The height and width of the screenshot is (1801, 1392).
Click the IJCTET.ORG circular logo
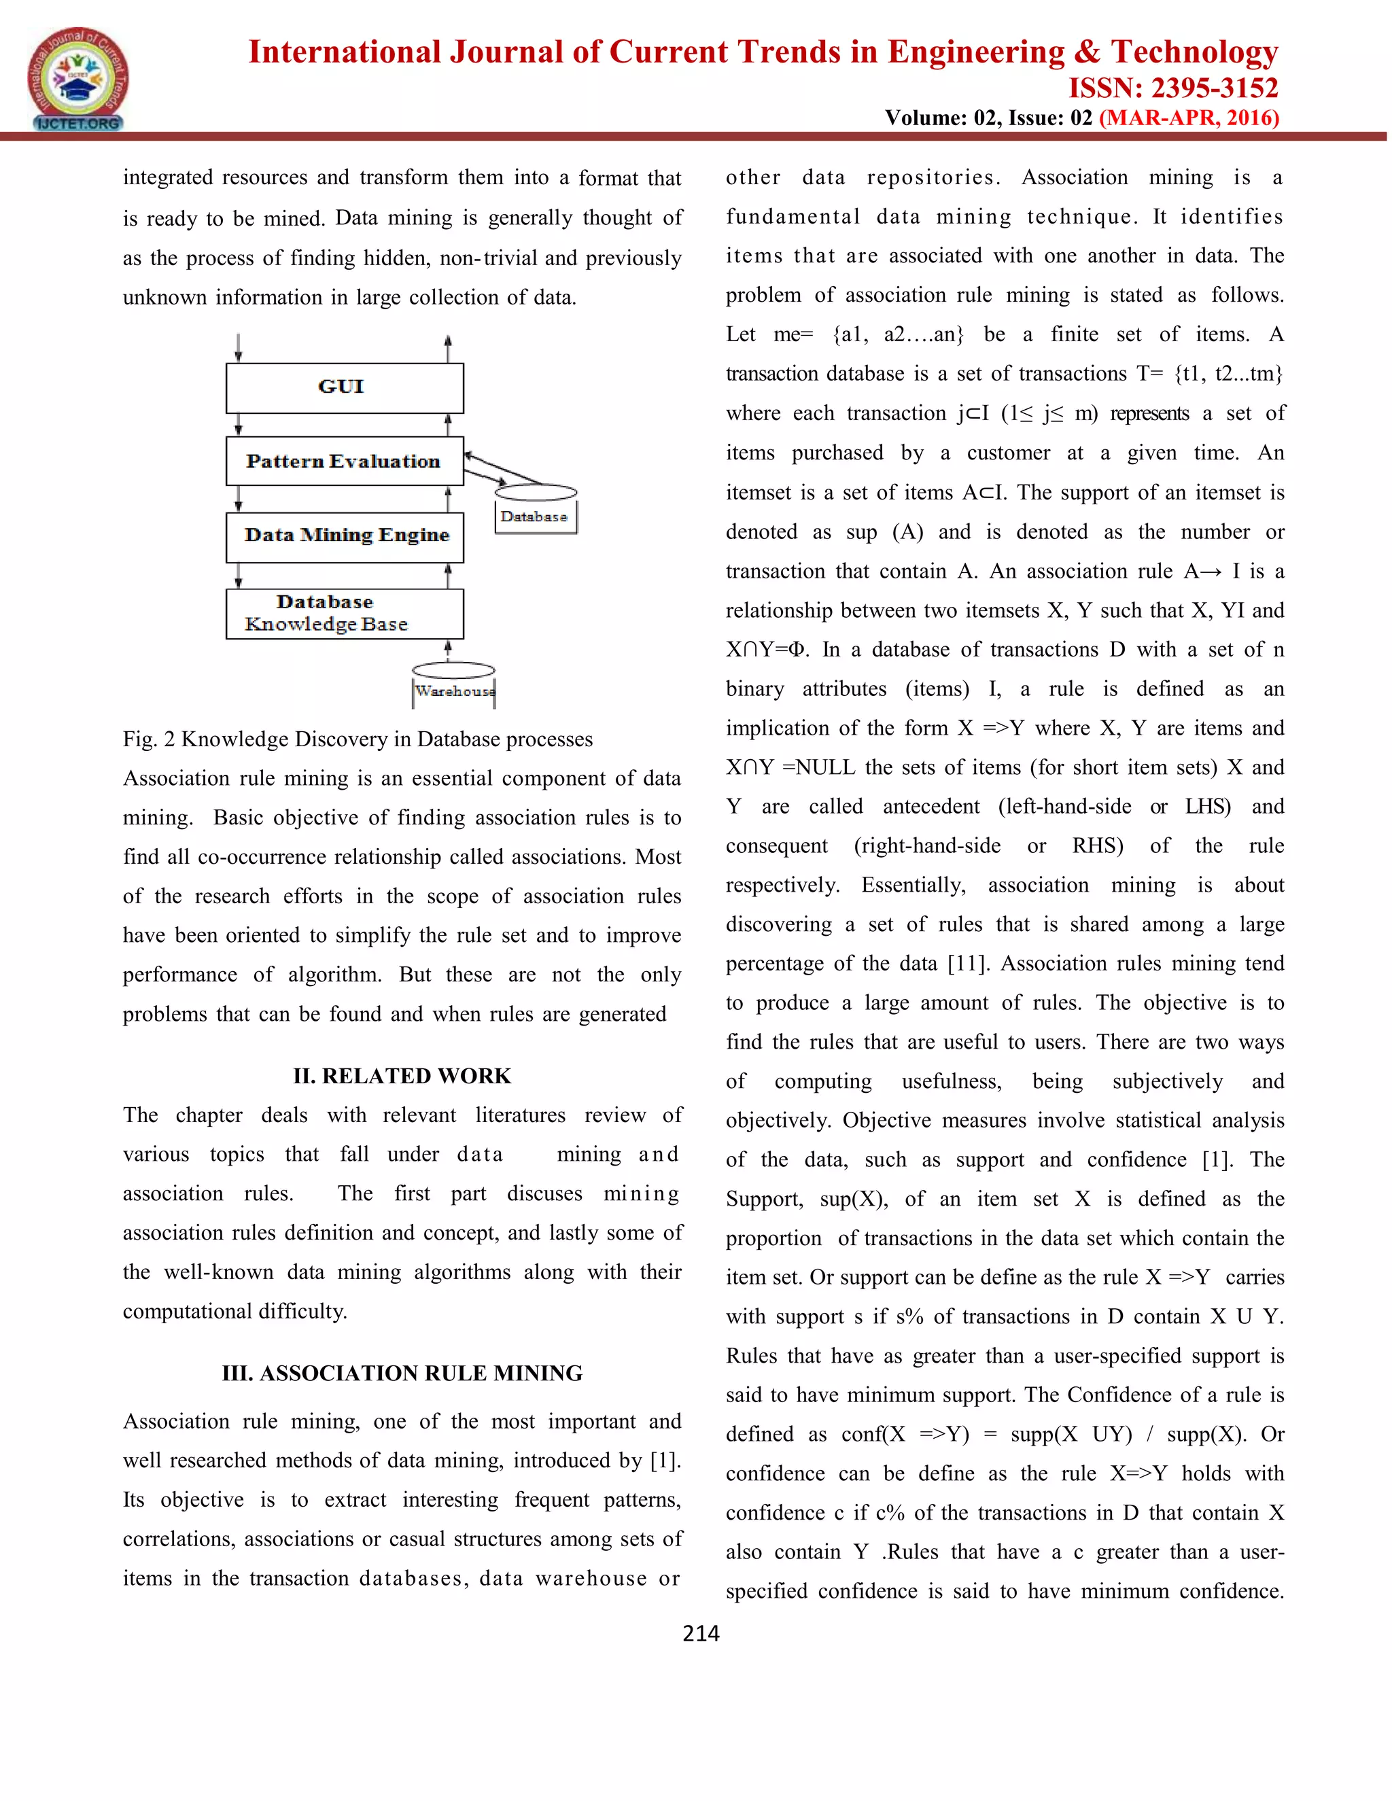tap(77, 79)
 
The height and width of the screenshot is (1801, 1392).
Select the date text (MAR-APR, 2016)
tap(1188, 118)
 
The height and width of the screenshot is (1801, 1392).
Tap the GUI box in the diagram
tap(344, 387)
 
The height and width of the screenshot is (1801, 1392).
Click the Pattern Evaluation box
tap(344, 461)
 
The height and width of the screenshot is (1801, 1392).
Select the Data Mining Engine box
tap(344, 537)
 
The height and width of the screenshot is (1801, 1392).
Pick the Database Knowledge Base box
tap(344, 614)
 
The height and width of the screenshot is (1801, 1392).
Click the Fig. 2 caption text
tap(357, 739)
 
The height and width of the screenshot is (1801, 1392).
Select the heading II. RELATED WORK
tap(402, 1076)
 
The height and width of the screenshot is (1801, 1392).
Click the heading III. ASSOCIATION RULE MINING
tap(402, 1373)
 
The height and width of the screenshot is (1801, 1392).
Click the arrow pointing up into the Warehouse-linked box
tap(448, 650)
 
